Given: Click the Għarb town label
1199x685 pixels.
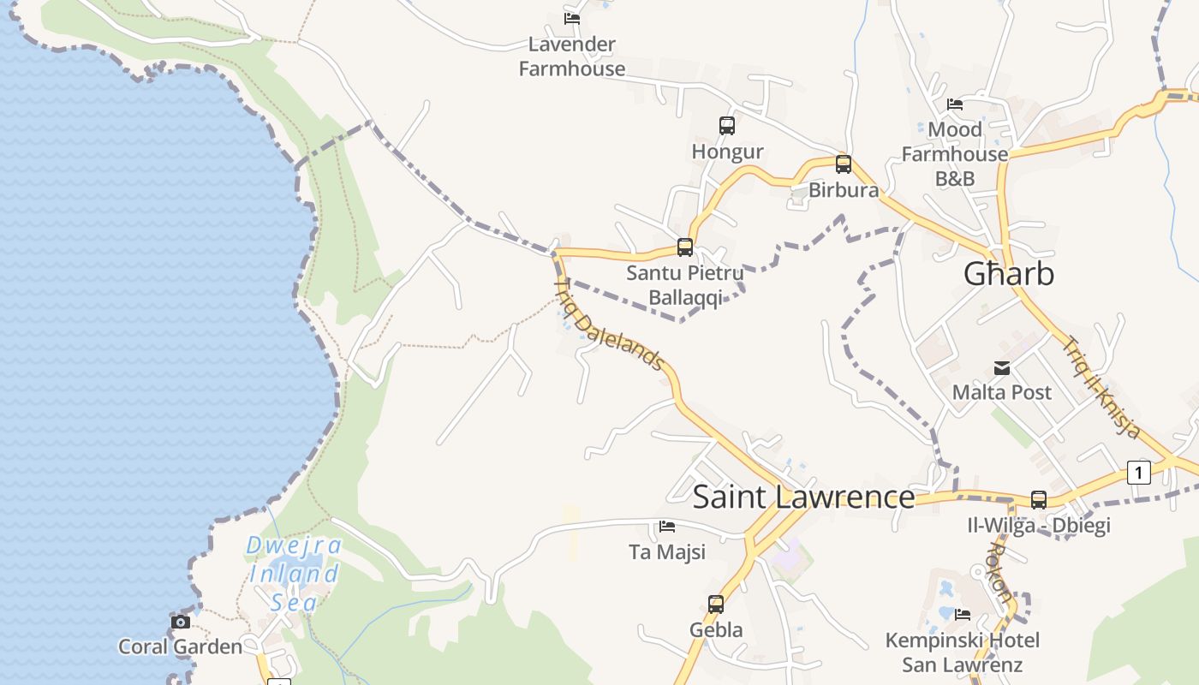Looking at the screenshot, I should click(1008, 274).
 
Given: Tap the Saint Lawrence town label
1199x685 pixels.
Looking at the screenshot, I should click(803, 497).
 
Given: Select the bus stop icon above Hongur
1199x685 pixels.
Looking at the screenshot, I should click(727, 126).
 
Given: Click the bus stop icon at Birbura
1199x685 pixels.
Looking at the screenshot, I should click(844, 164).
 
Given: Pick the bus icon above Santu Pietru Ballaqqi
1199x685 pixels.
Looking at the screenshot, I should click(685, 247).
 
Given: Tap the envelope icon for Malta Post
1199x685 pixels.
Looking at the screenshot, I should click(1002, 368).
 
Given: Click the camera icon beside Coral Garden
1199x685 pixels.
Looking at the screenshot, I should click(181, 622).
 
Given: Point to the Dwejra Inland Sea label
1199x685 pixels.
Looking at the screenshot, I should click(294, 574).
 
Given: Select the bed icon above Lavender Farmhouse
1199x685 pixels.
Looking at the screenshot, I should click(572, 18).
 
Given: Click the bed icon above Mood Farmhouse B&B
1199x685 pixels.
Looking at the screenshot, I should click(955, 104).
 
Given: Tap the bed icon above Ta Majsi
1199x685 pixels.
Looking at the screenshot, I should click(667, 527).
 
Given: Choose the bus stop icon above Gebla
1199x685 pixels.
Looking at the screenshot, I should click(716, 605).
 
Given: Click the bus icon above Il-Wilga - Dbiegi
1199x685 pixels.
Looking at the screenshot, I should click(1039, 500).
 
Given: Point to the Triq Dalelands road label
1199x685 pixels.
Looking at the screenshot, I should click(610, 325).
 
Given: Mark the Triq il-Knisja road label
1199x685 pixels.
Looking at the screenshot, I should click(1102, 388).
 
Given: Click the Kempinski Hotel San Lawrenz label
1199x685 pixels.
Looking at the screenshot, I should click(962, 652).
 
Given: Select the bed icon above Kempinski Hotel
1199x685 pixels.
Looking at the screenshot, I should click(963, 614).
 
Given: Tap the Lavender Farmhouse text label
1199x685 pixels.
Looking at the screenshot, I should click(572, 57).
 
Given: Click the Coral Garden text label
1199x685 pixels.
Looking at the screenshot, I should click(181, 646).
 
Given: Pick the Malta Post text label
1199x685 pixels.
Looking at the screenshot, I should click(1002, 392).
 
